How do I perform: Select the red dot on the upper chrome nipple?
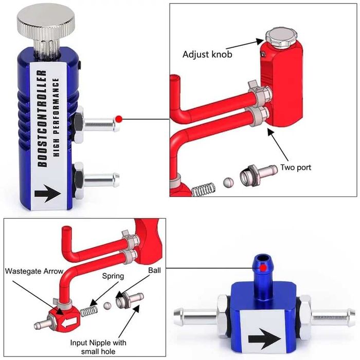point(119,119)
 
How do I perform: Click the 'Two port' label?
point(295,167)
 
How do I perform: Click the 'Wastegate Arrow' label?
point(34,271)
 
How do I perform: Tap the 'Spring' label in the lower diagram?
point(112,276)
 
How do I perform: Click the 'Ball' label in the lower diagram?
point(154,269)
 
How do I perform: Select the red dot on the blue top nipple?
point(263,268)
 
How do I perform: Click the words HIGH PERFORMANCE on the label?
point(58,119)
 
